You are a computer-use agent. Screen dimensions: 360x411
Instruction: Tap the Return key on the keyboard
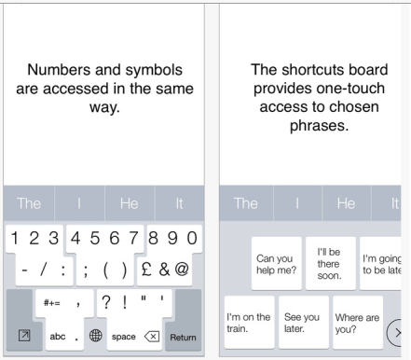(x=183, y=336)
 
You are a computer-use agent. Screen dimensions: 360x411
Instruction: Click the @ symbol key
(x=182, y=269)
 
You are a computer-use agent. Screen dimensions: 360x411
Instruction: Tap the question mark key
(x=107, y=301)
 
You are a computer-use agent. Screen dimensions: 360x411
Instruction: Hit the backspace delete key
(x=151, y=336)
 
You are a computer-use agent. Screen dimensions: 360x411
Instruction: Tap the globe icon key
(x=95, y=336)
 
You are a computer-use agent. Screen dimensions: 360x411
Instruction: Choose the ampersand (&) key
(x=163, y=269)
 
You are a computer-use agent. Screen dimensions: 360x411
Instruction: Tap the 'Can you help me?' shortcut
(x=275, y=264)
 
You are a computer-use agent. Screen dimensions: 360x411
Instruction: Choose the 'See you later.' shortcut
(x=301, y=323)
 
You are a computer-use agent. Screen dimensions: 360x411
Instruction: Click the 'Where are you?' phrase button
(x=357, y=323)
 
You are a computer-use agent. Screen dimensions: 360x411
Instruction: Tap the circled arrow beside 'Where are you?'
(x=401, y=331)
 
